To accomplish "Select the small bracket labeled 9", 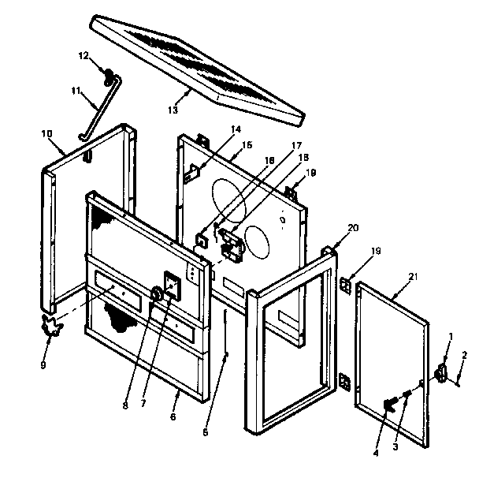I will pyautogui.click(x=54, y=326).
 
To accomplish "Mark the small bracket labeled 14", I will pyautogui.click(x=191, y=171).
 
